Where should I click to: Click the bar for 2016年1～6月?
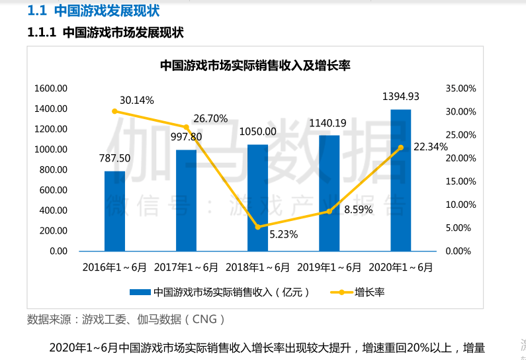[x=114, y=211]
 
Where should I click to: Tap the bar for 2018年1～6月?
[x=257, y=198]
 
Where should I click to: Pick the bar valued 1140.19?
[x=329, y=193]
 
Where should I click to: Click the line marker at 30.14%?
[x=114, y=111]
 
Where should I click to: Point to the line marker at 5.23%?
[x=257, y=227]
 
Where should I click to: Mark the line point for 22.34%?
[x=400, y=148]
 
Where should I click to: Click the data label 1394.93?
[x=401, y=97]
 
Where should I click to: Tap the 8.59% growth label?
[x=358, y=210]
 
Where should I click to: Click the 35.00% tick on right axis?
[x=461, y=88]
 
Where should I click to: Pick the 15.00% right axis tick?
[x=461, y=181]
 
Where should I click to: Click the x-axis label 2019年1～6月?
[x=329, y=267]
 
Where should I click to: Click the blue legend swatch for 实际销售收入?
[x=140, y=292]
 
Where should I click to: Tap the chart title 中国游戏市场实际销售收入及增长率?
[x=255, y=66]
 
